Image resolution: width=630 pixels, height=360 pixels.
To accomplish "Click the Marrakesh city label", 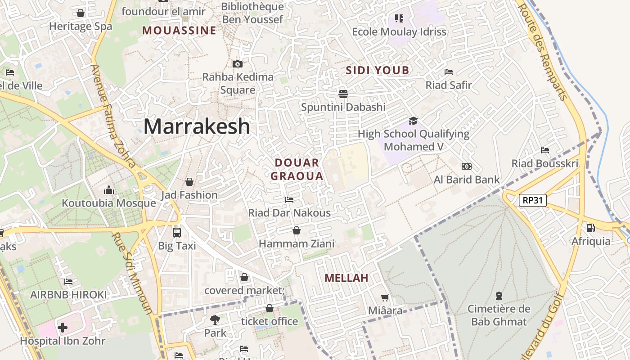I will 197,126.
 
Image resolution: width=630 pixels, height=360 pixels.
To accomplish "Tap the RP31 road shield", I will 533,200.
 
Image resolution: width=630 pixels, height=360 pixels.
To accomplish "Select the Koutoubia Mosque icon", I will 109,190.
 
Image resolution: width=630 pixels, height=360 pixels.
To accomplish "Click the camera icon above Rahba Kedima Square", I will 238,64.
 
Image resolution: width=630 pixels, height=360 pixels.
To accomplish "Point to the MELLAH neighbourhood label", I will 346,278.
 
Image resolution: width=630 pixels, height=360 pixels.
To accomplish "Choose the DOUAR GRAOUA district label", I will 297,169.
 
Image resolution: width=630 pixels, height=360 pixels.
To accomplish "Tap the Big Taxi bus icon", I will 177,233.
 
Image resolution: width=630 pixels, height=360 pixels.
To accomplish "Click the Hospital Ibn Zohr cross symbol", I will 63,327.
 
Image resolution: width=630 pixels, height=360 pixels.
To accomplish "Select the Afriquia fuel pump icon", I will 590,228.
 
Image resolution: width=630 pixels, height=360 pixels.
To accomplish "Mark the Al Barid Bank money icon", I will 467,166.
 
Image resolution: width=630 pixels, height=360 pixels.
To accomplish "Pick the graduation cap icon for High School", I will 413,121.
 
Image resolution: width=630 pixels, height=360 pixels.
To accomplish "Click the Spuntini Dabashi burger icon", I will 343,94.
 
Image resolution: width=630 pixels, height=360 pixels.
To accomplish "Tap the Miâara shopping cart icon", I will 385,297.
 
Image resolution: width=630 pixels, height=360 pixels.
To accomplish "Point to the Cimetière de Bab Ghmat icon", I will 499,296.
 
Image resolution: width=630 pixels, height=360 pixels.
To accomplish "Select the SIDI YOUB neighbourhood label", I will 378,70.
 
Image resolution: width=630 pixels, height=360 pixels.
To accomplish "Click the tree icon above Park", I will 215,320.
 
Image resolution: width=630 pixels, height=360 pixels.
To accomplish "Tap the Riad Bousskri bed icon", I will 545,150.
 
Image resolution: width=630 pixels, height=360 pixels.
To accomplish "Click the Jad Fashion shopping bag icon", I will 189,182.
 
